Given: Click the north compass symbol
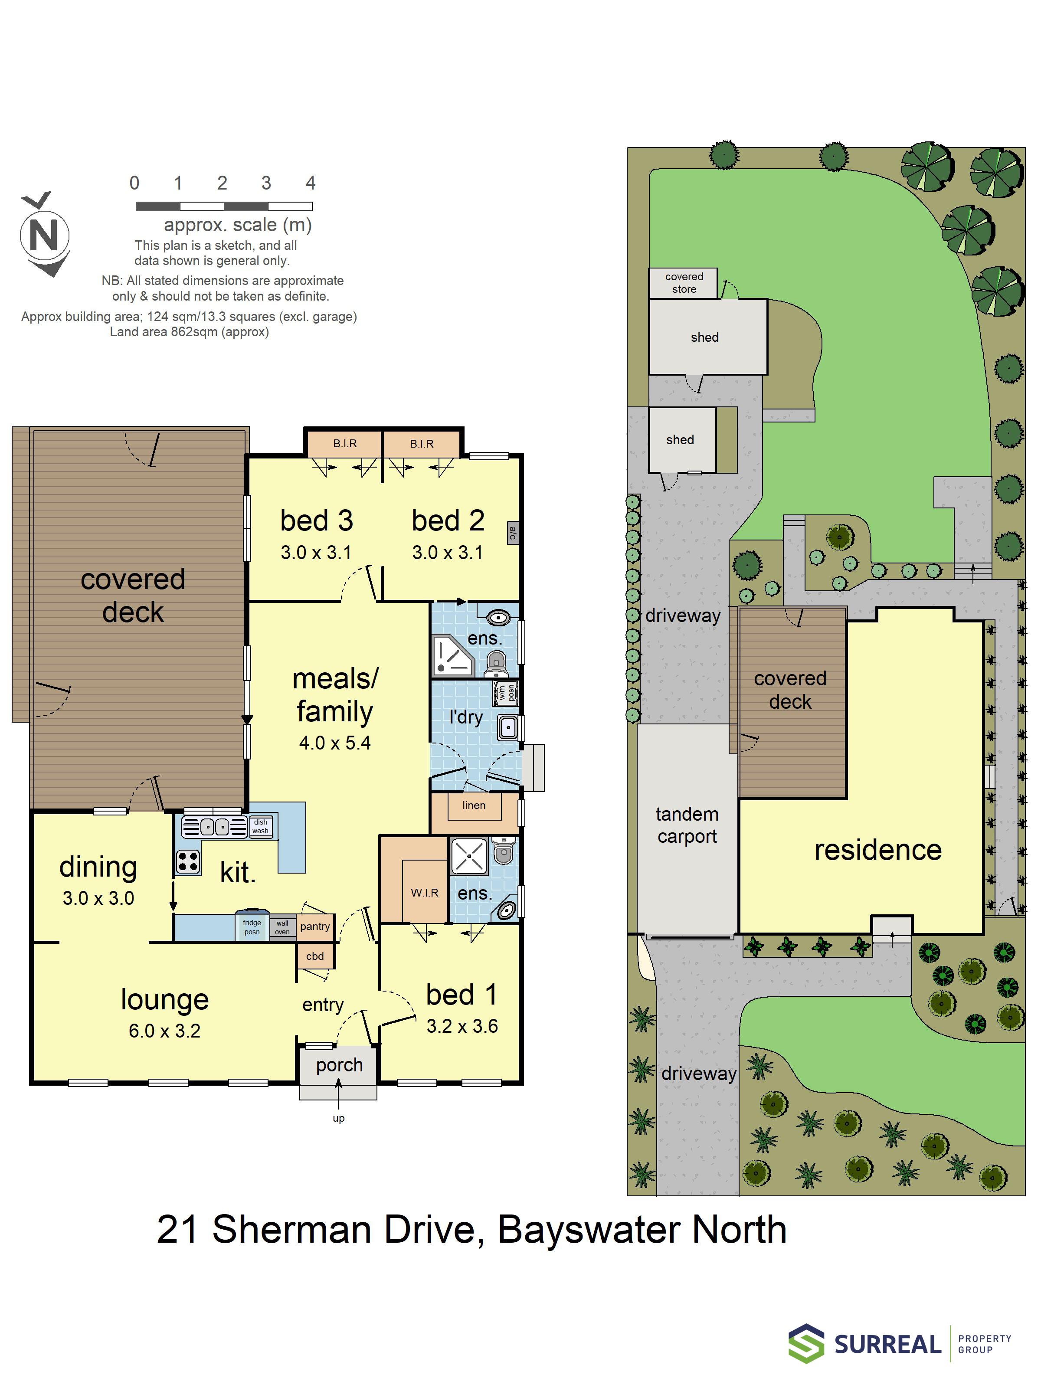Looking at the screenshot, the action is click(45, 234).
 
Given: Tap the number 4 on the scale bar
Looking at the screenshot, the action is click(310, 183).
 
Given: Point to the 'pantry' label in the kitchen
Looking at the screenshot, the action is click(315, 926).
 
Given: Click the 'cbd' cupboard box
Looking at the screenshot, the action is click(315, 956).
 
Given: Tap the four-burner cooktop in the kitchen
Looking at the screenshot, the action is click(188, 861).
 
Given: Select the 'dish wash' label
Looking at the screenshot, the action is click(260, 826).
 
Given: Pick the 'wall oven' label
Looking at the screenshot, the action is click(282, 927).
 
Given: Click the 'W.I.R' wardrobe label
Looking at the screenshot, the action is click(425, 892).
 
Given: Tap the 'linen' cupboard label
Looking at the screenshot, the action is click(474, 805).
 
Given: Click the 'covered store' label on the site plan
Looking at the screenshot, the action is click(684, 282).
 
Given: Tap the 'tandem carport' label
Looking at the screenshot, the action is click(687, 825).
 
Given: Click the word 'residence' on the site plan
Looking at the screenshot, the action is click(878, 850).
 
